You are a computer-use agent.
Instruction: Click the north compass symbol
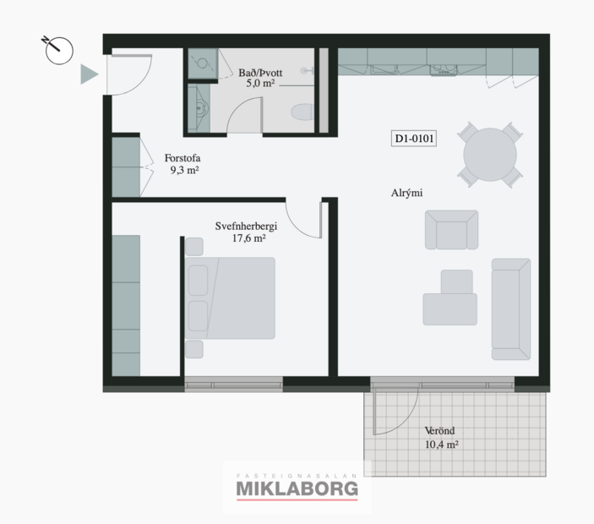point(58,50)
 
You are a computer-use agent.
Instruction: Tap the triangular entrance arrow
point(89,75)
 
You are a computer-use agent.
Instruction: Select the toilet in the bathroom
point(302,112)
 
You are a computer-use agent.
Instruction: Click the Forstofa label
point(183,157)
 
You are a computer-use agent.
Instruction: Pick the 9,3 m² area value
point(183,170)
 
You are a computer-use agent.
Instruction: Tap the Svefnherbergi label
point(246,226)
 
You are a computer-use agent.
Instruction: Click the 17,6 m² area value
point(247,238)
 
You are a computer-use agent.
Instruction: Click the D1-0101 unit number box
point(414,139)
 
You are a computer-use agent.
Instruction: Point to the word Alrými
point(406,194)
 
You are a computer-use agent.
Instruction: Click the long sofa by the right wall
point(510,308)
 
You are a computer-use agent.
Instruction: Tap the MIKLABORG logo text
point(297,489)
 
